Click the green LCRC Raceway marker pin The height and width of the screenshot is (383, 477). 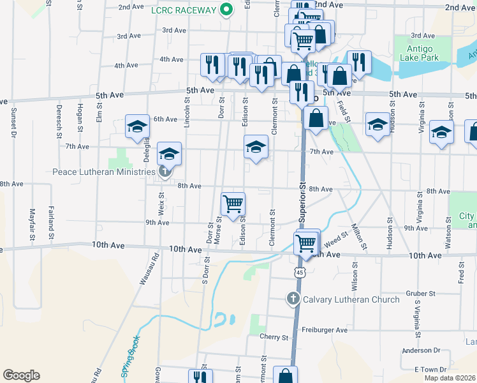pyautogui.click(x=225, y=10)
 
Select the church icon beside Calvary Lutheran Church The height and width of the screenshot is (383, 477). pyautogui.click(x=293, y=298)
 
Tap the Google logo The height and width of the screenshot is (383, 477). pyautogui.click(x=21, y=375)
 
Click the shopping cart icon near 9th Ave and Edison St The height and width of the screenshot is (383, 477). pyautogui.click(x=233, y=204)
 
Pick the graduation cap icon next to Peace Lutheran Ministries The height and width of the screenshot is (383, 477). pyautogui.click(x=168, y=154)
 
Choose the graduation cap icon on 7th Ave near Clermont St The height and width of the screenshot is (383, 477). pyautogui.click(x=256, y=147)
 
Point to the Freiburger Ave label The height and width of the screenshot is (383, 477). pyautogui.click(x=325, y=330)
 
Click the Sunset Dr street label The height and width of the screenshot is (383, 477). pyautogui.click(x=13, y=123)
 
